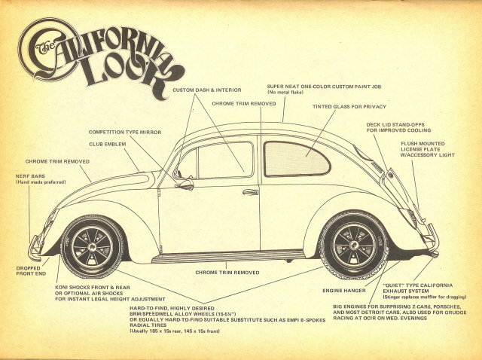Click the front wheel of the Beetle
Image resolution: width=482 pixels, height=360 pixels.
[92, 246]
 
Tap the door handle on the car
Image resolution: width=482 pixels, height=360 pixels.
[250, 192]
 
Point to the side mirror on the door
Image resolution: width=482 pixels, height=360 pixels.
[184, 183]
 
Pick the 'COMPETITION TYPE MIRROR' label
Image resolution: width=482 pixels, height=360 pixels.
[125, 132]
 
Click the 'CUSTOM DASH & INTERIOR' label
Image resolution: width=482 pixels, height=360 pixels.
[203, 90]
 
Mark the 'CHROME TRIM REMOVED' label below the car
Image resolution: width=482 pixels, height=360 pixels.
[227, 272]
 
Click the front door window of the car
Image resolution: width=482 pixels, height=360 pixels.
[224, 160]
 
